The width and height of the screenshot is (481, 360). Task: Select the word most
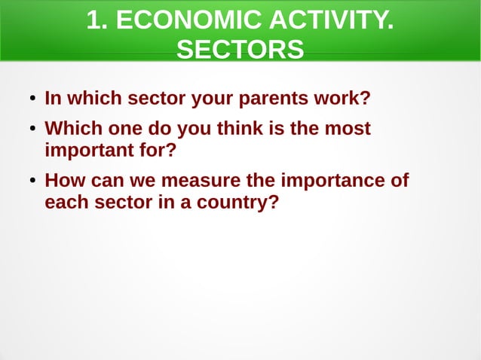[x=347, y=129]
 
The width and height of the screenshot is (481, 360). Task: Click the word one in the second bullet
[x=129, y=129]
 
